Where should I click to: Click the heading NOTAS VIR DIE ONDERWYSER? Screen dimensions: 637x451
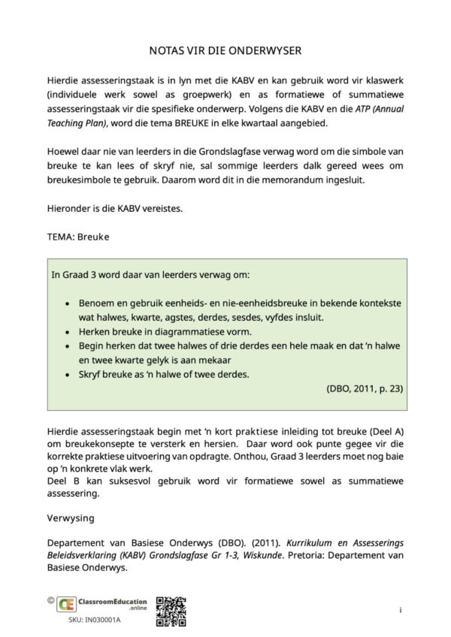point(225,50)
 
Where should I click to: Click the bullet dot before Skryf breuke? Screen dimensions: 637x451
point(68,374)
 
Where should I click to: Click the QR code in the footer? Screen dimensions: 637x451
point(171,611)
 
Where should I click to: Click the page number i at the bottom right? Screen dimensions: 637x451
point(401,610)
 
